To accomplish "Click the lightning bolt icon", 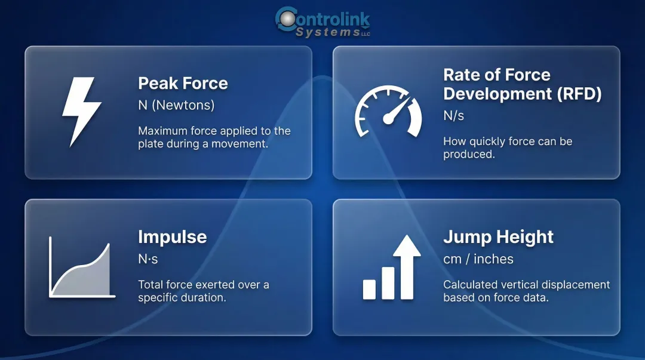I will click(x=82, y=112).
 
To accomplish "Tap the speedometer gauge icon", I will click(x=388, y=112).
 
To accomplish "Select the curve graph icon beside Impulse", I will click(x=82, y=267).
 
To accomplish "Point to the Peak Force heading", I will click(x=183, y=83).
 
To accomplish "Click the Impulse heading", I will click(x=172, y=237).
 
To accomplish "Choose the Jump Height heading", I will click(x=498, y=237).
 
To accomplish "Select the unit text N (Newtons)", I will click(x=176, y=105).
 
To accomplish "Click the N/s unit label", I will click(x=453, y=116).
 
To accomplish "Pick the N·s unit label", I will click(x=148, y=259).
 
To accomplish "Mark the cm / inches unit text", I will click(x=478, y=259).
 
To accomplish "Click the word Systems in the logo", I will click(x=327, y=33).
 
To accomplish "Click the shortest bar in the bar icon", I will click(x=369, y=289).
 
